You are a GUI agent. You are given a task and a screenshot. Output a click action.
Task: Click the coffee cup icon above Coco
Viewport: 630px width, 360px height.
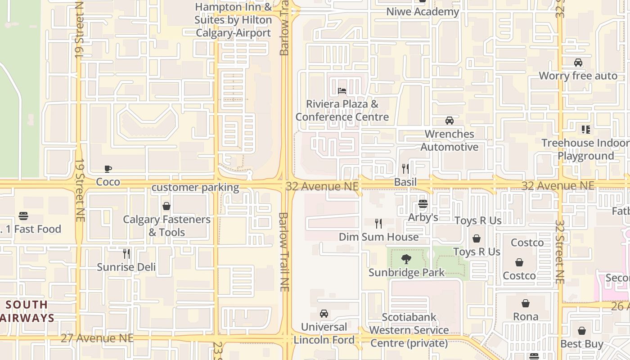(x=108, y=169)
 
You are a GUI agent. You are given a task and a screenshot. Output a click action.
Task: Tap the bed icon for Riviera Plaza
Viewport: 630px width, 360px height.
(x=342, y=91)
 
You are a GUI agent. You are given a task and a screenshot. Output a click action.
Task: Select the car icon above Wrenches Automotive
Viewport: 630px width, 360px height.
(x=449, y=121)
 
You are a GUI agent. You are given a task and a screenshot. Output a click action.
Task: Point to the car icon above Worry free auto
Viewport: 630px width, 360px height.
(x=578, y=63)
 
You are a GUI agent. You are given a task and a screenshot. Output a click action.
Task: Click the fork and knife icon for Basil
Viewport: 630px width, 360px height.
(x=405, y=169)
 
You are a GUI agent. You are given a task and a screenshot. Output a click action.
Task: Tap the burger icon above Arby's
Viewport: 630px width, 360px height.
(x=423, y=204)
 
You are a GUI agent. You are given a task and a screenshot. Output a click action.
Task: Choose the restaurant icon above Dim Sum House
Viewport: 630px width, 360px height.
(x=378, y=223)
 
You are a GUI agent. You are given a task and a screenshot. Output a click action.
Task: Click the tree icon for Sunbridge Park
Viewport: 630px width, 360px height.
(x=406, y=259)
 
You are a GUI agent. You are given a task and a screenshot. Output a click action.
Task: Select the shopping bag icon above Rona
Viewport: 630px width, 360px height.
(x=525, y=303)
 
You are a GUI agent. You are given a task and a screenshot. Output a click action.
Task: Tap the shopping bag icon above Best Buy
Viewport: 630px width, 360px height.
(x=582, y=331)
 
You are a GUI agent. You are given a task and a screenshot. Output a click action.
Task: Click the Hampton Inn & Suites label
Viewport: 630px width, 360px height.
(x=233, y=20)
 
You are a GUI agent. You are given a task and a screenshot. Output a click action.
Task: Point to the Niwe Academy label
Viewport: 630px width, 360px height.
(x=423, y=12)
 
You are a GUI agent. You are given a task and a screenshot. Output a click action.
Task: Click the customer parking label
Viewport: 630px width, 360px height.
(x=195, y=187)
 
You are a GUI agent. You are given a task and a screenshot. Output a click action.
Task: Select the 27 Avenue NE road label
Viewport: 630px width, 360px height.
(x=97, y=337)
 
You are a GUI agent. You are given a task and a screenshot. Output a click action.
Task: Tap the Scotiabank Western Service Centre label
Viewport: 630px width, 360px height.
(x=409, y=330)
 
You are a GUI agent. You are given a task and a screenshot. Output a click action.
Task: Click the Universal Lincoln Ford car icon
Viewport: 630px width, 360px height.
(x=324, y=314)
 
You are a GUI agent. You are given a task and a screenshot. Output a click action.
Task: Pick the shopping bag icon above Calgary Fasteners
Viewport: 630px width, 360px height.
(x=166, y=206)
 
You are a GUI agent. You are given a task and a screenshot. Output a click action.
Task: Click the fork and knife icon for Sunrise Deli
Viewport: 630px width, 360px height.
(x=126, y=254)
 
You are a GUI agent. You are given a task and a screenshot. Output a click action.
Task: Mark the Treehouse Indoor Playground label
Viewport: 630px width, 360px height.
(x=585, y=149)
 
